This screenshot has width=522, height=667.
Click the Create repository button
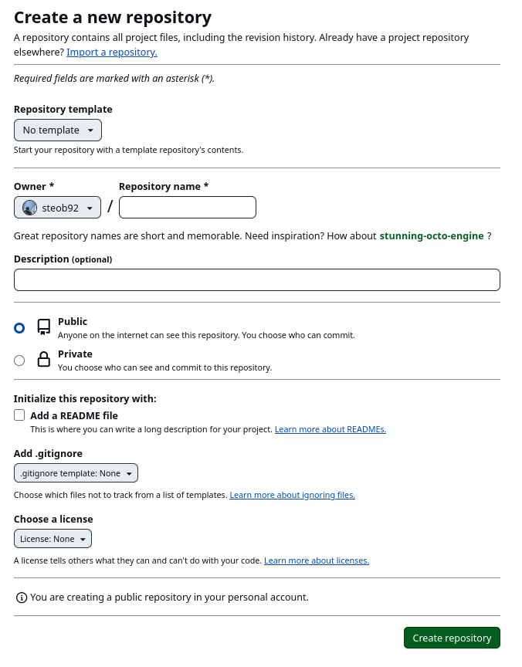[452, 638]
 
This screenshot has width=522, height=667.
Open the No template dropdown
[58, 130]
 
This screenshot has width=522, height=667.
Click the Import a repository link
[112, 52]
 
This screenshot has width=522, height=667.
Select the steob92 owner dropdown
[58, 208]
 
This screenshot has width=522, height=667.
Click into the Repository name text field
[188, 208]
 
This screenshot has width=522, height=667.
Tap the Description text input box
[256, 279]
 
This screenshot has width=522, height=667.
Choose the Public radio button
[19, 328]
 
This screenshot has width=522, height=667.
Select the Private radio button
[19, 361]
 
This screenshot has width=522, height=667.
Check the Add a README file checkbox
[19, 415]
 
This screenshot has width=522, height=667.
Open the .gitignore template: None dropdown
[76, 473]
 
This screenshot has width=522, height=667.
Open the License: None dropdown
[53, 538]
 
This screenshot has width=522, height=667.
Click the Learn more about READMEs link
[330, 429]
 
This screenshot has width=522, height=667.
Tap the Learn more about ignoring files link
[292, 495]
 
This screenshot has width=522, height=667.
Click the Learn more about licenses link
[317, 560]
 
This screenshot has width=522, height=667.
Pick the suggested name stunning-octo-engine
[432, 235]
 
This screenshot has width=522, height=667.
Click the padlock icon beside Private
[44, 360]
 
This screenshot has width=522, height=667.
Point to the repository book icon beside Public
[44, 327]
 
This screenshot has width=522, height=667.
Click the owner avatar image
[29, 208]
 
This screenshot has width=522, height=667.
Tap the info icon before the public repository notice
[22, 598]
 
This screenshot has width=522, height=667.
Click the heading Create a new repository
[113, 17]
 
